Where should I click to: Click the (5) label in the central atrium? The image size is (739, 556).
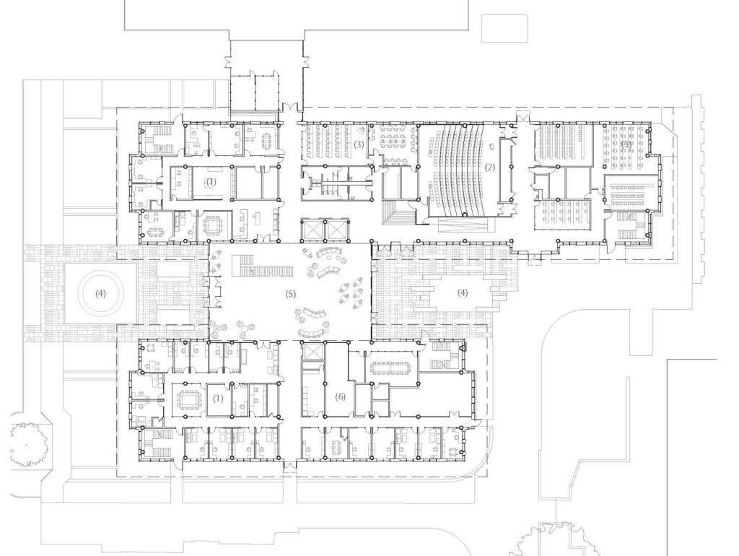coord(291,295)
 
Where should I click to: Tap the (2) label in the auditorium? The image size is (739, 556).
coord(490,168)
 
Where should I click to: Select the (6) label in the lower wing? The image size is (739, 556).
coord(341,397)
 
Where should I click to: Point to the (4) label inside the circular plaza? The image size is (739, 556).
coord(100,294)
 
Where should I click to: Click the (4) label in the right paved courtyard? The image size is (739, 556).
coord(461,293)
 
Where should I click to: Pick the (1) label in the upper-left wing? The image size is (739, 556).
coord(211,182)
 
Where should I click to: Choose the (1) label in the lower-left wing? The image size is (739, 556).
coord(218,398)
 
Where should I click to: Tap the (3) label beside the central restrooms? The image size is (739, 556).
coord(359,145)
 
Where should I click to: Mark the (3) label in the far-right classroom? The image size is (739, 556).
coord(626,144)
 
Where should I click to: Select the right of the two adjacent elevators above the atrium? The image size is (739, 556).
coord(338,230)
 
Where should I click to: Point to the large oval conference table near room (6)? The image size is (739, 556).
coord(390,368)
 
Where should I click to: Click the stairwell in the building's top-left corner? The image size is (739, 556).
coord(154,137)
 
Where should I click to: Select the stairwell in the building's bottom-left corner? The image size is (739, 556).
coord(154,441)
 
